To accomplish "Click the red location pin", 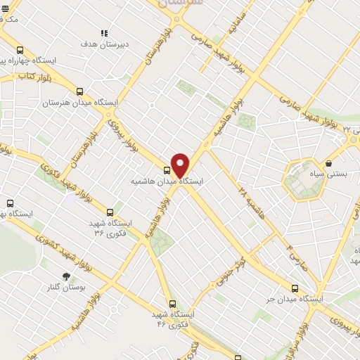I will pyautogui.click(x=181, y=165).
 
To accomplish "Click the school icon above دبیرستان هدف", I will pyautogui.click(x=105, y=32).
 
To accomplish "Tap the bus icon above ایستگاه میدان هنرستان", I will pyautogui.click(x=79, y=91).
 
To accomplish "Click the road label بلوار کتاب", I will pyautogui.click(x=26, y=75).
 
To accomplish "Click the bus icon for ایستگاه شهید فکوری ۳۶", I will pyautogui.click(x=109, y=212).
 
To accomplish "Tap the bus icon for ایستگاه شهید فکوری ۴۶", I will pyautogui.click(x=163, y=304).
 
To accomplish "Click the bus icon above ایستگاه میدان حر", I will pyautogui.click(x=295, y=288).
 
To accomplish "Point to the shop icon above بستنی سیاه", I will pyautogui.click(x=329, y=163).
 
